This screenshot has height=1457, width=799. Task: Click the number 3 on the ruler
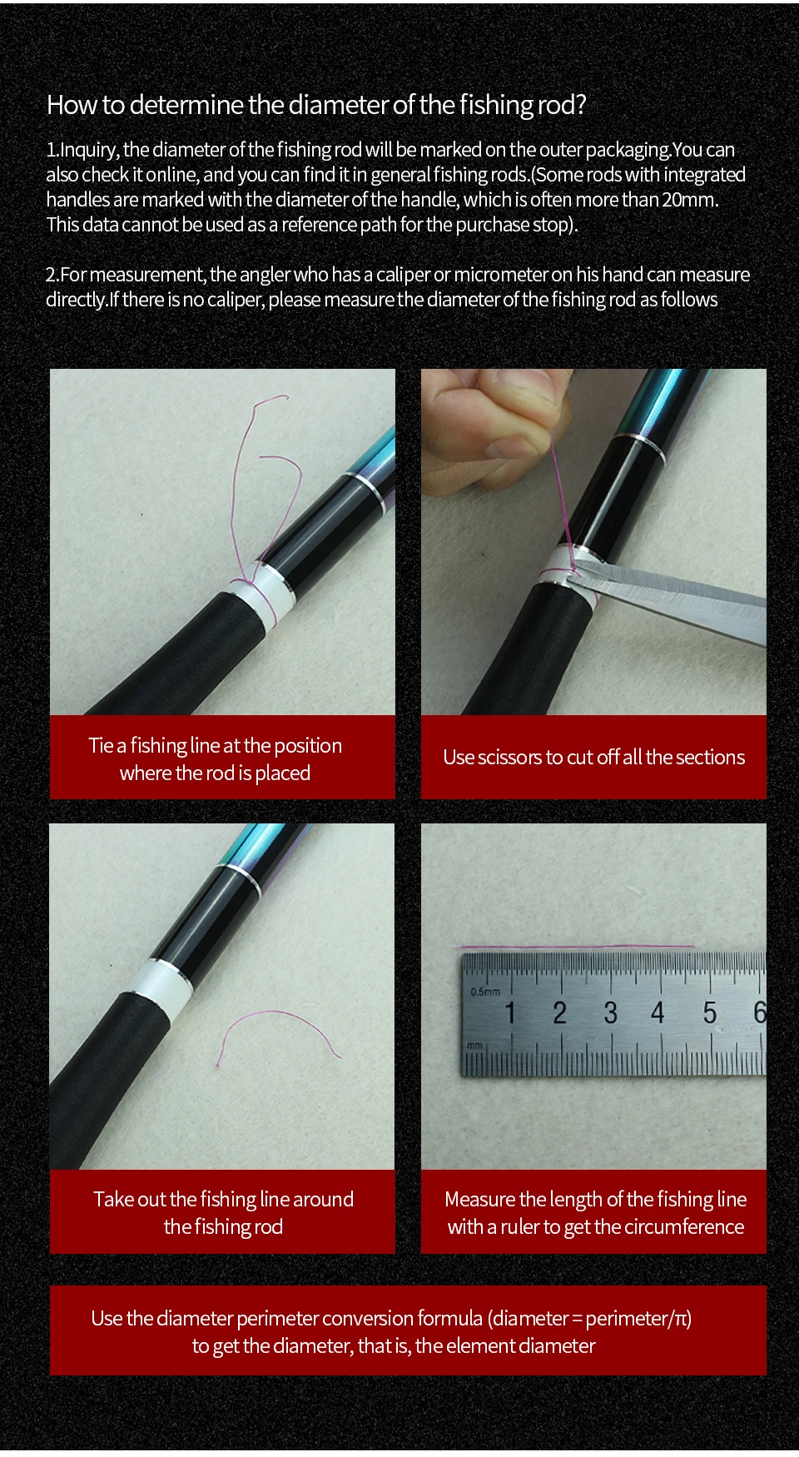point(610,1012)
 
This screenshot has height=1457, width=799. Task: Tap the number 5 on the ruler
point(709,1012)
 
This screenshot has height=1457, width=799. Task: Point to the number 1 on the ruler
point(510,1012)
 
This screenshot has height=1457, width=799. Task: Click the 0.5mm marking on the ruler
point(485,991)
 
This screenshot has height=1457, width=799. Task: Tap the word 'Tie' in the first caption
point(102,745)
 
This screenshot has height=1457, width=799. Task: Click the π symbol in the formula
point(680,1319)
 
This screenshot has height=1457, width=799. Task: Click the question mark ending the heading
point(581,105)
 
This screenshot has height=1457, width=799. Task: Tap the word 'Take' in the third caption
point(113,1199)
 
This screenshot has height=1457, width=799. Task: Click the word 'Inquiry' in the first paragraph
point(90,151)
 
